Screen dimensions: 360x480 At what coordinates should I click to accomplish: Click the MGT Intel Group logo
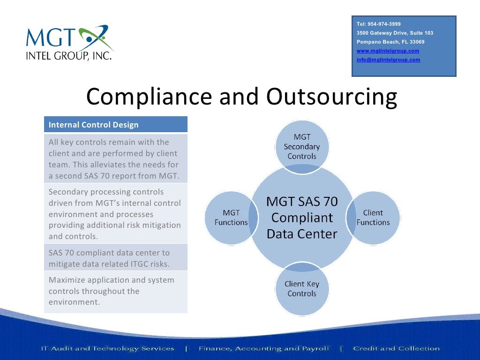pyautogui.click(x=69, y=43)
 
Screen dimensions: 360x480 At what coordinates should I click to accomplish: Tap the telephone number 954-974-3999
pyautogui.click(x=379, y=24)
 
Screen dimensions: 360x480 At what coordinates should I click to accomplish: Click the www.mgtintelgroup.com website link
pyautogui.click(x=388, y=51)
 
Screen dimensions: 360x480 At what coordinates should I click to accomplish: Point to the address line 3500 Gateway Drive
pyautogui.click(x=395, y=33)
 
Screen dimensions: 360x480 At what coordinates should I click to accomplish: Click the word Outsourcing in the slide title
pyautogui.click(x=331, y=97)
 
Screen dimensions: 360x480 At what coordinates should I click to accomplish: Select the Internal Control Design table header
pyautogui.click(x=115, y=125)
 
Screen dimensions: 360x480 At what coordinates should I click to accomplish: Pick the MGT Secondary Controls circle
pyautogui.click(x=302, y=146)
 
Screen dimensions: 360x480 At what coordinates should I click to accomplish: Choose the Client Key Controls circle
pyautogui.click(x=302, y=289)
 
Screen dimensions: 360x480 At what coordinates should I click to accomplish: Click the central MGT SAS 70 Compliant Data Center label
pyautogui.click(x=302, y=217)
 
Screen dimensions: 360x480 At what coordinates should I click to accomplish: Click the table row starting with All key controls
pyautogui.click(x=115, y=159)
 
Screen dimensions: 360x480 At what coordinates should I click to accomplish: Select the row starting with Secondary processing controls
pyautogui.click(x=115, y=214)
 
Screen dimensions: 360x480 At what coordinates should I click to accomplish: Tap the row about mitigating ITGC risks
pyautogui.click(x=115, y=258)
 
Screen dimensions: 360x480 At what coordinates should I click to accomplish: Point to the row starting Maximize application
pyautogui.click(x=115, y=291)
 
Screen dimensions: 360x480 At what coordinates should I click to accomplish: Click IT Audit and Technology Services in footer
pyautogui.click(x=107, y=348)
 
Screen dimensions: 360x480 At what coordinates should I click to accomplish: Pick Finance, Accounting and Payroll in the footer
pyautogui.click(x=263, y=348)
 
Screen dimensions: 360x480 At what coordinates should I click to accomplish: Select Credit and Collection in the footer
pyautogui.click(x=397, y=348)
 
